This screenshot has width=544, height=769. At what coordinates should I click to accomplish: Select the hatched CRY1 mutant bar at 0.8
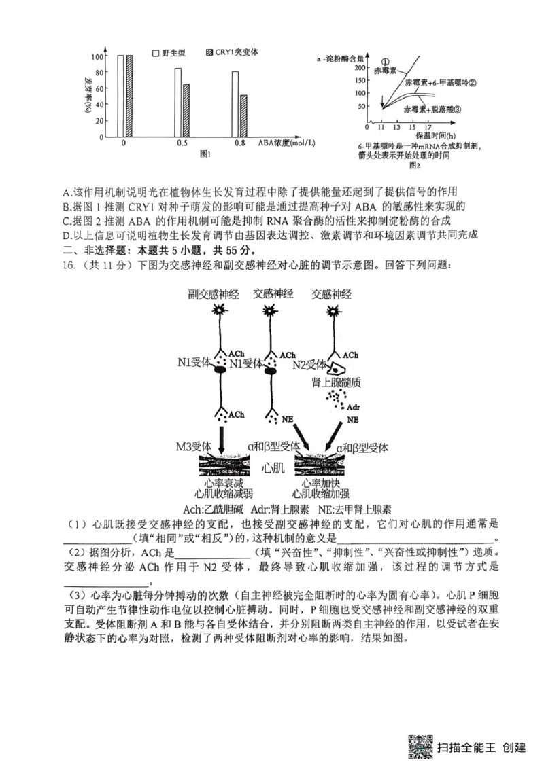click(243, 116)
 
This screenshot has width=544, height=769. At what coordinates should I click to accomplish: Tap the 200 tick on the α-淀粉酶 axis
click(361, 68)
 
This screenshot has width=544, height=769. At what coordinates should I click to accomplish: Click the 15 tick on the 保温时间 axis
click(411, 127)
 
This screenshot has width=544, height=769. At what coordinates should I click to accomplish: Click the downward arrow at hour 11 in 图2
click(384, 101)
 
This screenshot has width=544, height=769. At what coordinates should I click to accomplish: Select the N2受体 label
click(310, 364)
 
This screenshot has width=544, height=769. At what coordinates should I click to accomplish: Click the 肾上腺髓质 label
click(335, 380)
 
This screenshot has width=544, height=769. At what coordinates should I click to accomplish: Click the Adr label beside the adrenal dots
click(352, 407)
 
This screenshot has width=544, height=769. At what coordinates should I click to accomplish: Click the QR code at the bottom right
click(421, 747)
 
